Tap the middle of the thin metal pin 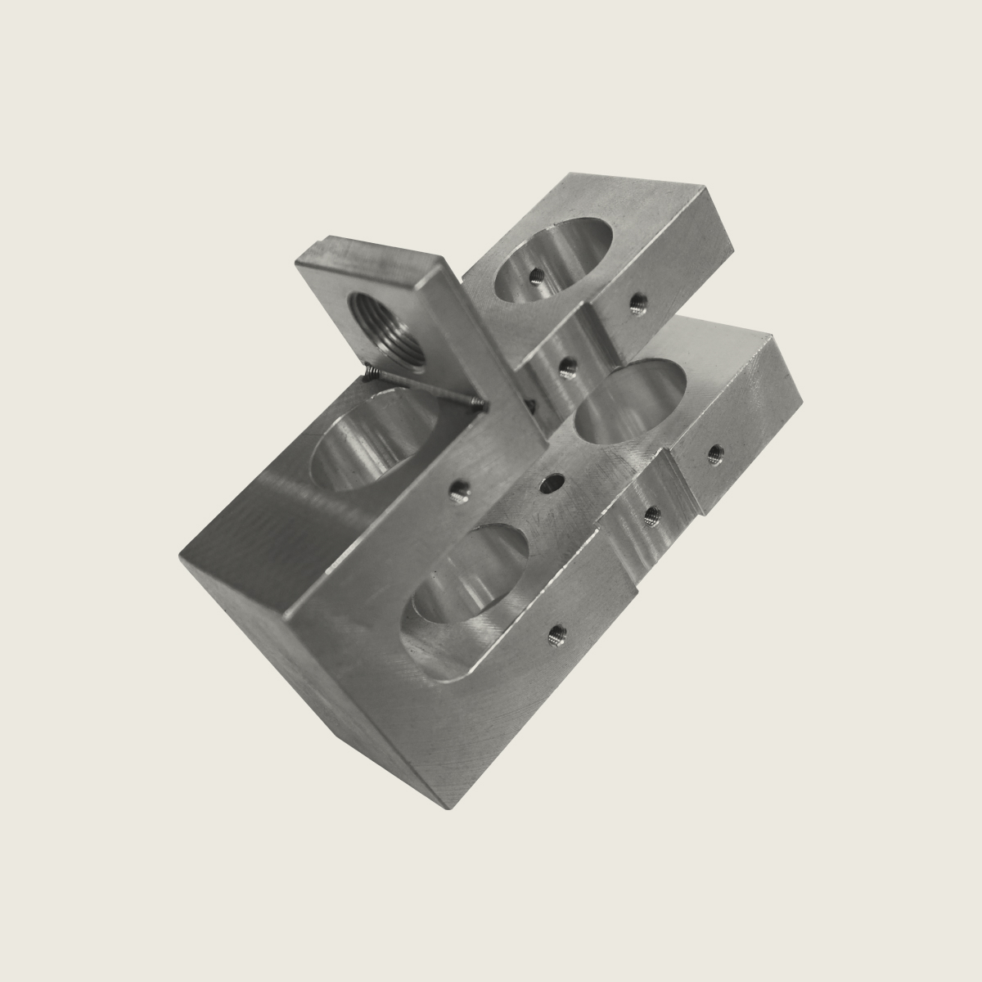click(x=423, y=387)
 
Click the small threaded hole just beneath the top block click(x=563, y=367)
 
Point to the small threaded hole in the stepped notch click(x=652, y=514)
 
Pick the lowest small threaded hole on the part click(x=557, y=629)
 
